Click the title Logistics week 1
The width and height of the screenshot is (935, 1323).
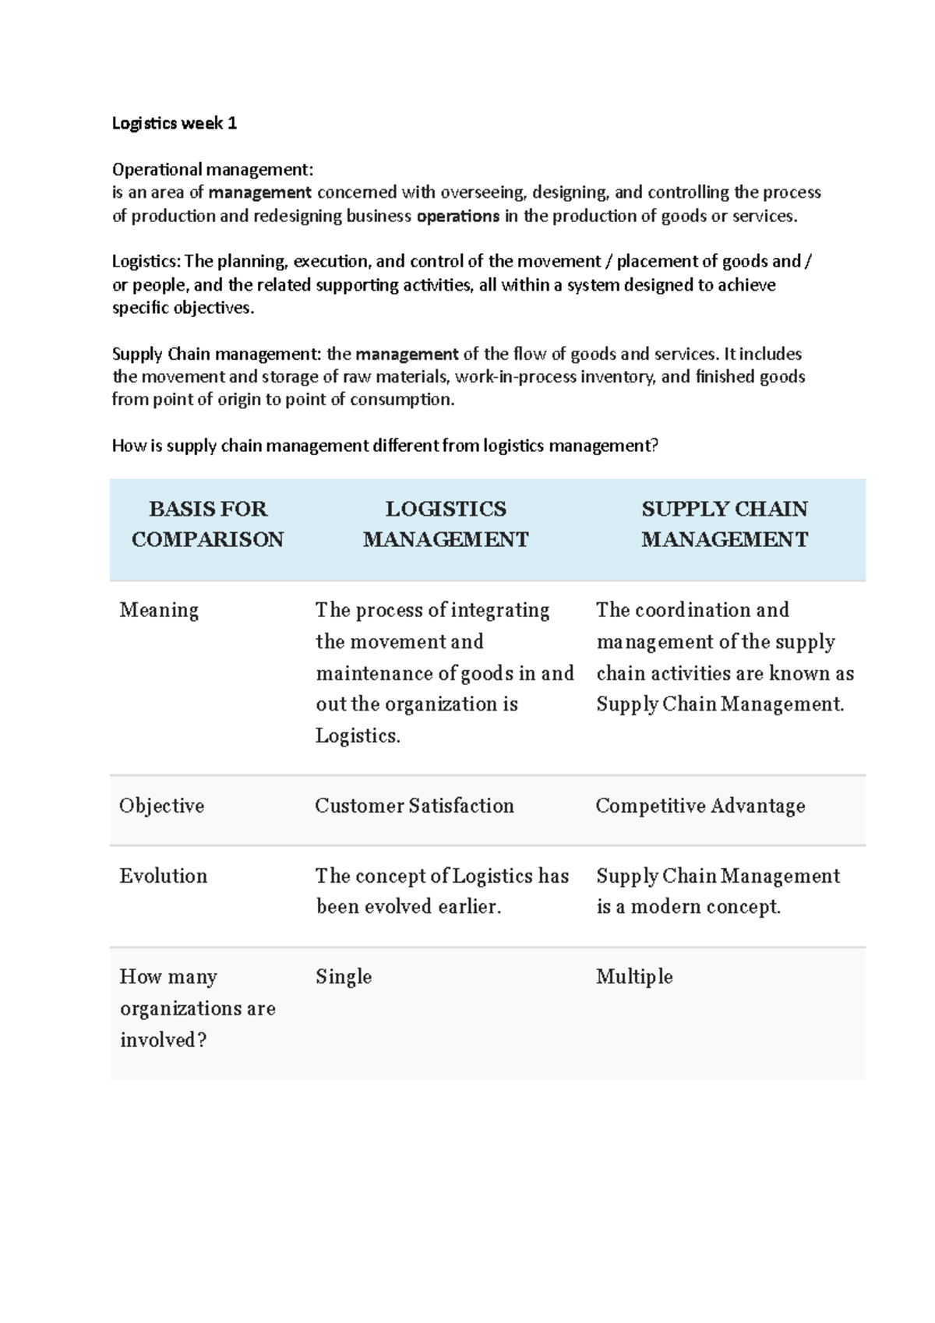174,123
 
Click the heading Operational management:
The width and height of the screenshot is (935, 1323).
213,169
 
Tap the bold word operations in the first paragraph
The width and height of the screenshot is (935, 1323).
458,216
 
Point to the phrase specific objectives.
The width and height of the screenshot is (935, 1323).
183,308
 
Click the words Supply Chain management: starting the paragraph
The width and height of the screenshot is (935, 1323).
216,354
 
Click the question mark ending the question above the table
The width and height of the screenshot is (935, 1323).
654,446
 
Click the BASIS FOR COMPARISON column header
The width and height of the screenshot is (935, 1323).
207,524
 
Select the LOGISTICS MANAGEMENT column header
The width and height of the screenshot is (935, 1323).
446,524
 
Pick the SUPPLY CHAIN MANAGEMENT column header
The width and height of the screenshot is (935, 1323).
725,524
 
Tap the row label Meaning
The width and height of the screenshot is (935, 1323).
159,610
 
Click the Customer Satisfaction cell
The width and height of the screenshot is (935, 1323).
415,806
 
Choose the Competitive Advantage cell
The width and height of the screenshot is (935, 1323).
700,806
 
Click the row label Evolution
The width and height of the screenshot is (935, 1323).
164,876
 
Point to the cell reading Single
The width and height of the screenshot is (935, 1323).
344,977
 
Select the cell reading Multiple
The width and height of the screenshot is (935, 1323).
634,977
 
